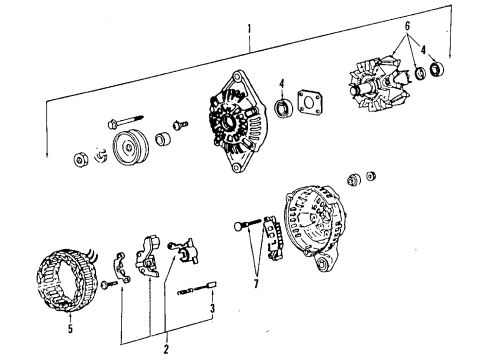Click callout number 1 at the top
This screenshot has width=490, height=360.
(x=249, y=30)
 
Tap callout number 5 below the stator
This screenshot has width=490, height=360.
(x=70, y=329)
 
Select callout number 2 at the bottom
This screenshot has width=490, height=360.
(x=166, y=349)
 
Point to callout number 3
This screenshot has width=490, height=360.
(x=212, y=308)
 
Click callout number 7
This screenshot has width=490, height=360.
(x=256, y=284)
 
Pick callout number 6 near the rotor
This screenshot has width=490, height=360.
(x=407, y=26)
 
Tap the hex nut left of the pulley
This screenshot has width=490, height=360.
(x=80, y=160)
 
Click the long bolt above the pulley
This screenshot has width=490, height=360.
(x=126, y=122)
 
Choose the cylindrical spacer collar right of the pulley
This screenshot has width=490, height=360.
(x=163, y=139)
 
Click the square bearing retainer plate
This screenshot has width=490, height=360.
(x=310, y=102)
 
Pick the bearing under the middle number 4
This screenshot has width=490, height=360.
(x=284, y=108)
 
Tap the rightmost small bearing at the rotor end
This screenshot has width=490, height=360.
(x=436, y=69)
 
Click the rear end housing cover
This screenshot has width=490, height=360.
(x=316, y=227)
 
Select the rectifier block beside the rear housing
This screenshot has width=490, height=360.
(x=274, y=238)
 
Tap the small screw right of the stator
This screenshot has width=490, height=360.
(x=109, y=284)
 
